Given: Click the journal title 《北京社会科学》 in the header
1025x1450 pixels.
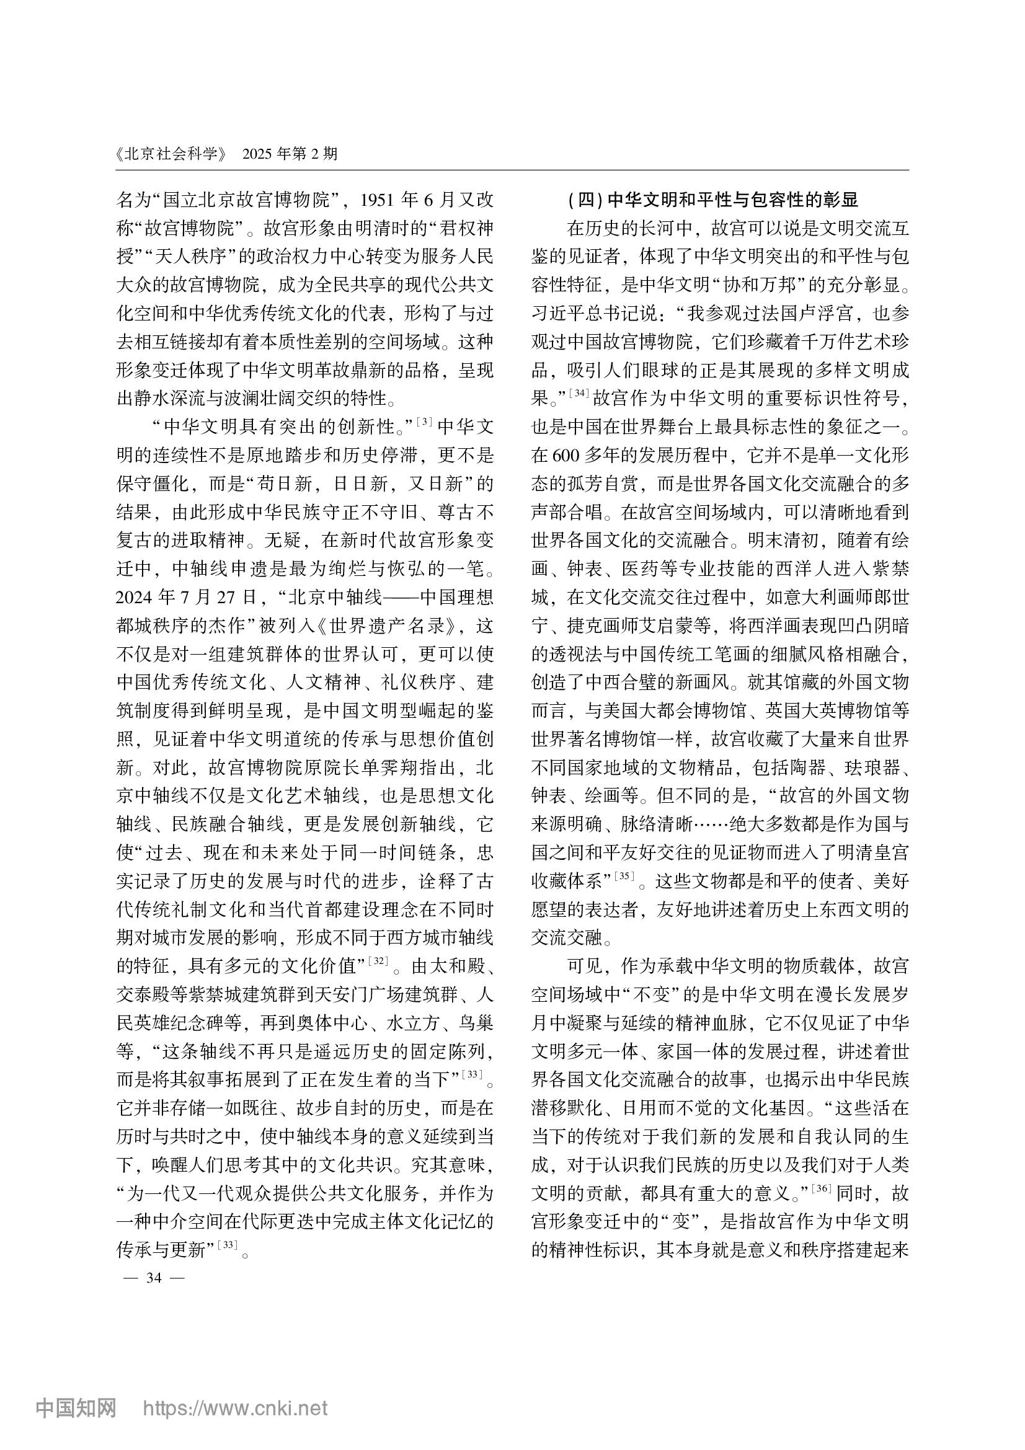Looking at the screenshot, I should point(171,154).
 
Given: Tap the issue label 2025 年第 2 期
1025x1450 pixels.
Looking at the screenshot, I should point(291,154).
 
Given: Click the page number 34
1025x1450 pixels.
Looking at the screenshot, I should point(153,1278).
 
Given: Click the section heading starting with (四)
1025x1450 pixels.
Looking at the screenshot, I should point(713,200).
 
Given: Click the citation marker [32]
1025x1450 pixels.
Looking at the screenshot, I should point(378,962).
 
